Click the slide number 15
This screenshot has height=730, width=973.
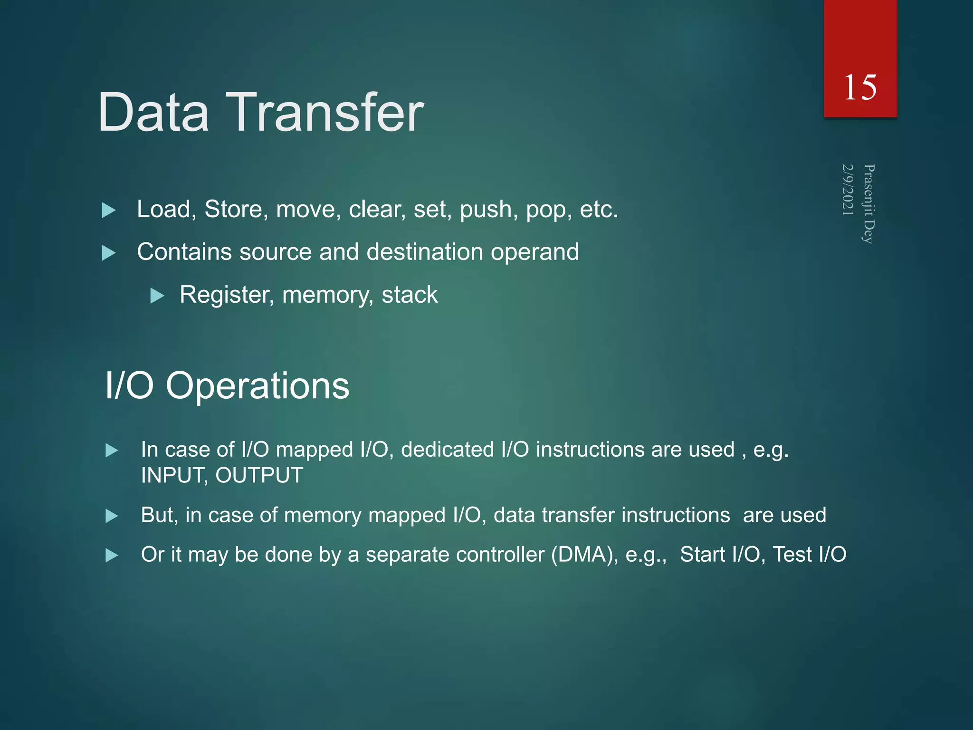tap(860, 87)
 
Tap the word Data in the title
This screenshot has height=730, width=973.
tap(153, 113)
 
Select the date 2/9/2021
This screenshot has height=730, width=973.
tap(848, 190)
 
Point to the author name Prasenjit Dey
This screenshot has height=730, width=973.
tap(868, 204)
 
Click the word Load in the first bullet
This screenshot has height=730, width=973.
tap(163, 210)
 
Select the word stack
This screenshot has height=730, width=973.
tap(409, 295)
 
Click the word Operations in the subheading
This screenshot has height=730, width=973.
tap(257, 385)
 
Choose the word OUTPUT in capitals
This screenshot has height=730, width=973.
tap(259, 476)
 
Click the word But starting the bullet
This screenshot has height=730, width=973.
tap(159, 515)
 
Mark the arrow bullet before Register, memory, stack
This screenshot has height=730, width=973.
tap(157, 296)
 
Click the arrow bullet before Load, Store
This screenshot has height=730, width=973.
tap(109, 210)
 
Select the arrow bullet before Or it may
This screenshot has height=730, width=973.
tap(112, 555)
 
